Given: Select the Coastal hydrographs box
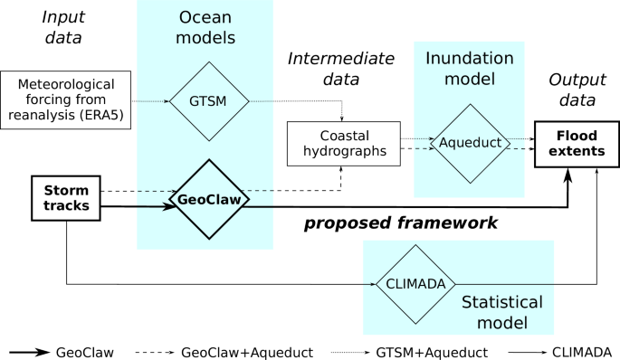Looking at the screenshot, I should pyautogui.click(x=343, y=143).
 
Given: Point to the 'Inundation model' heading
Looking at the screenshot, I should pyautogui.click(x=470, y=70).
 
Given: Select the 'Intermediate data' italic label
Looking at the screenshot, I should pyautogui.click(x=341, y=70).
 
